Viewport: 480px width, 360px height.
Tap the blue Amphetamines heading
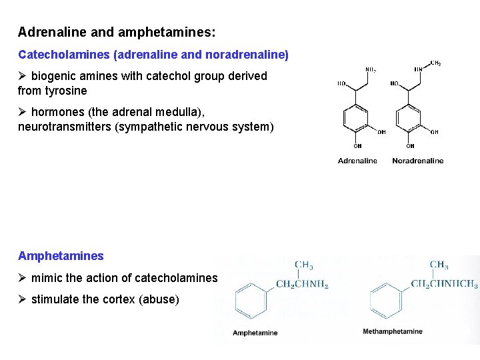tap(61, 256)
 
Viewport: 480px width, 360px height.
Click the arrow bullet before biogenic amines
tap(23, 76)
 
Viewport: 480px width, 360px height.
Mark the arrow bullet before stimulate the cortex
tap(23, 299)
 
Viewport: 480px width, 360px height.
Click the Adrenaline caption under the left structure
tap(357, 161)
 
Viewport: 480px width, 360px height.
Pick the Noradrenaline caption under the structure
tap(417, 161)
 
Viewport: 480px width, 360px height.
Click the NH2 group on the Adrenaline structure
tap(371, 69)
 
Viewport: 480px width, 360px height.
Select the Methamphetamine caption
tap(393, 331)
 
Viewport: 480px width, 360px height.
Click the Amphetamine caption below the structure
tap(255, 333)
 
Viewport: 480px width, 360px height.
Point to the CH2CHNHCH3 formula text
tap(444, 284)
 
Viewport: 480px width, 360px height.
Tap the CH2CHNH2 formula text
tap(302, 285)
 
